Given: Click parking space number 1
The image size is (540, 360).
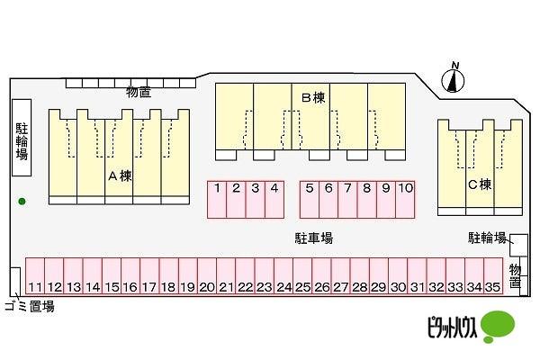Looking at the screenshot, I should pos(218,199).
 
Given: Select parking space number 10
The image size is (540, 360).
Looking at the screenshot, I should pos(405,199).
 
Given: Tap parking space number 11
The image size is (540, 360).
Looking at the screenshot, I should pos(35,277).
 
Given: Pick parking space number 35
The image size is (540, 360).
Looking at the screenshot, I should pos(490,277).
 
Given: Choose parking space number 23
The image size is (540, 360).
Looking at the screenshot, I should pos(264,277).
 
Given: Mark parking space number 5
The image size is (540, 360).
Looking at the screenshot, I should pos(310,199).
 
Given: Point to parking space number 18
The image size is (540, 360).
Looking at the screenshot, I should pos(168,277).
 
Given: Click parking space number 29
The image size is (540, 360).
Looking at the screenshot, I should pos(377,277).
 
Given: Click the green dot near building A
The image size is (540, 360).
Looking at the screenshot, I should pos(22,201).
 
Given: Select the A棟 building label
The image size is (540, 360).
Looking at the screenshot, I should pos(120,175).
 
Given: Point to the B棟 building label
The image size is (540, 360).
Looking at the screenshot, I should pos(312,97).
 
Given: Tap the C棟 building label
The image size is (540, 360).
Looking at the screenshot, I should pos(479,184).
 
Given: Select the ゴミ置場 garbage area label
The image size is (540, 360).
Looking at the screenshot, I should pos(30,306).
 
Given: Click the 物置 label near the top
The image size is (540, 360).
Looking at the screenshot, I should pos(138,92).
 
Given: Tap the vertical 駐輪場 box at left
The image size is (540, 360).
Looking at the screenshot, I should pos(22,148).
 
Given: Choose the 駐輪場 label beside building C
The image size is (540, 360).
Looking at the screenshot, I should pos(487,238).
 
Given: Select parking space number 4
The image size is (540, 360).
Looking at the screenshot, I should pos(274,199).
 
